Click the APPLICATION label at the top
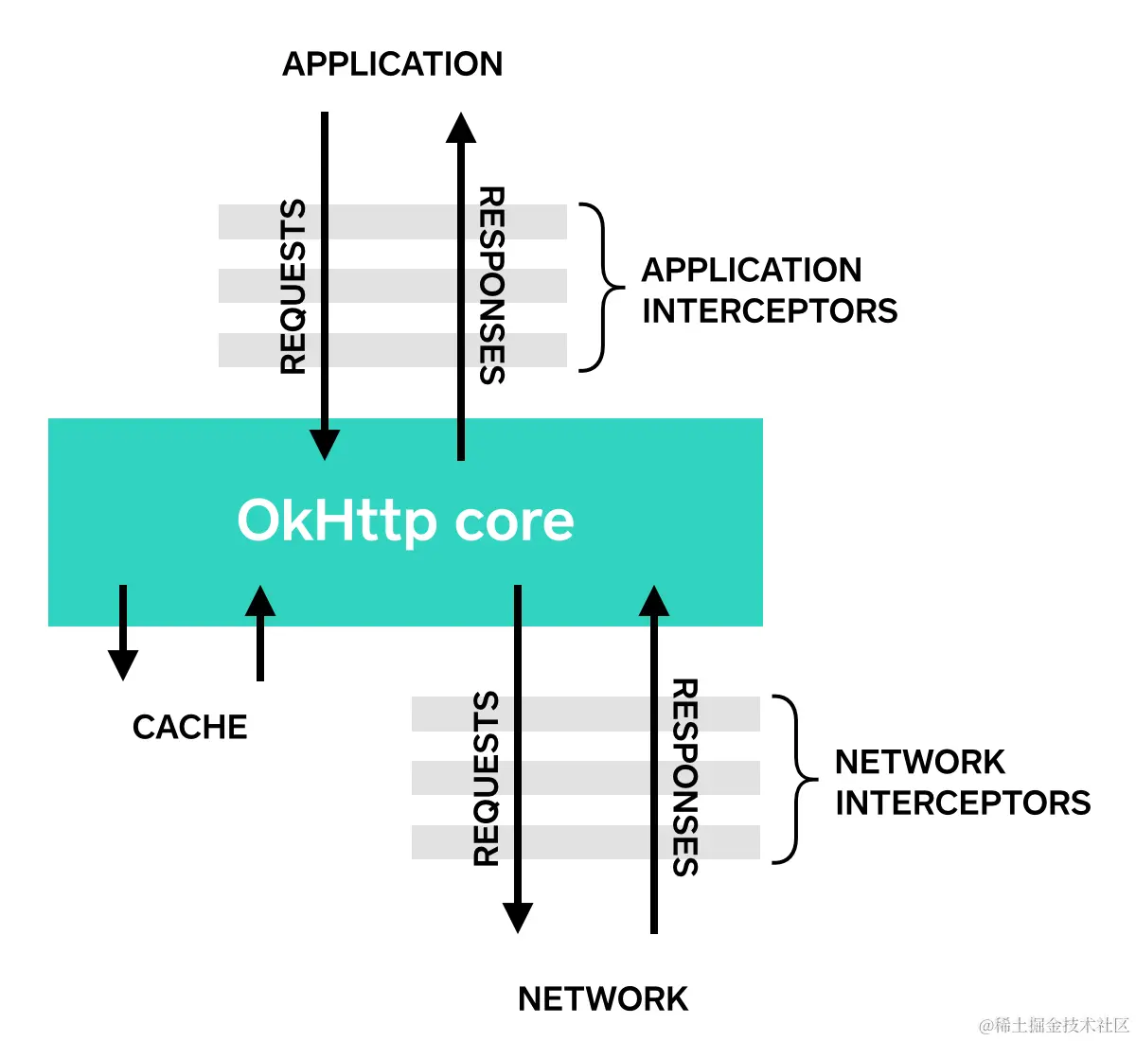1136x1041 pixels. point(392,64)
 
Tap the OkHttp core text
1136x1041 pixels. point(405,520)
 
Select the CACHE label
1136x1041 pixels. point(189,727)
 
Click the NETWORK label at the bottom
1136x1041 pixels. point(603,999)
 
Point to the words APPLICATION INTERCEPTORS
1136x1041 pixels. point(769,290)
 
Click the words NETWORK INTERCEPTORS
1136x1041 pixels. point(962,782)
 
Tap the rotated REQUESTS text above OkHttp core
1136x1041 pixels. point(293,287)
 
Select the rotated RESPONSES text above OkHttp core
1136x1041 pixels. point(491,285)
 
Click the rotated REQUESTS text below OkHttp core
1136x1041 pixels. point(486,779)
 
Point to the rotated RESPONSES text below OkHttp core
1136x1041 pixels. point(684,777)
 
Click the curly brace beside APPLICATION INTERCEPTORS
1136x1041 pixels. point(603,287)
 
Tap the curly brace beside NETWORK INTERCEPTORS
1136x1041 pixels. point(795,779)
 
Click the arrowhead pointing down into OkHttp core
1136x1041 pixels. point(325,444)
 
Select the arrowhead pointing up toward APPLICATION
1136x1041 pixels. point(461,129)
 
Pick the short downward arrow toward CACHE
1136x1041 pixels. point(123,634)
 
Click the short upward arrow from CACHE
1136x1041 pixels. point(260,632)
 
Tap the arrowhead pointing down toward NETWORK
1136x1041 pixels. point(517,917)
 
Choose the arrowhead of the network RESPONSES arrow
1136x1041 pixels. point(653,602)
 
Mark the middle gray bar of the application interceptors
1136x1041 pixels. point(392,286)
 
